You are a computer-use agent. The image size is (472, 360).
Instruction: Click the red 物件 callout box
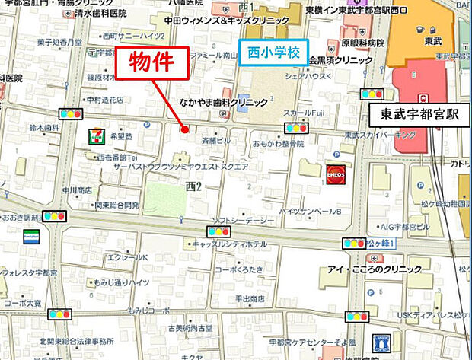[x=151, y=63]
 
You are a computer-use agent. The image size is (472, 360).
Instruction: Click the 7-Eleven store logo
[x=95, y=136]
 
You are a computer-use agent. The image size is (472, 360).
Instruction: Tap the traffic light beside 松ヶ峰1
[x=354, y=243]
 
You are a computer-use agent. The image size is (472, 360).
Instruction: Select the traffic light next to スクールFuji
[x=295, y=127]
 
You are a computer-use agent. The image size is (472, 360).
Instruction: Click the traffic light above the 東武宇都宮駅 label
[x=372, y=94]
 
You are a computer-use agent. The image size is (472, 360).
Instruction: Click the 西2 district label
[x=193, y=186]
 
